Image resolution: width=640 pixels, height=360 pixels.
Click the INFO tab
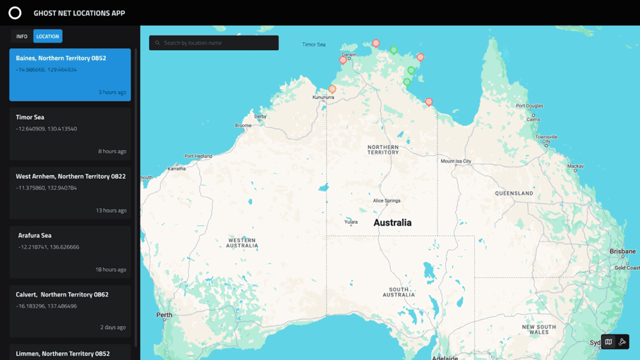[x=22, y=36]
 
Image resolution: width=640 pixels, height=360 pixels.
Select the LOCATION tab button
[x=48, y=36]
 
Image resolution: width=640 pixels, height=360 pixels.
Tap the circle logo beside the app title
[x=15, y=13]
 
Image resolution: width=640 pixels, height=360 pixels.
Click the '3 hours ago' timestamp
[x=112, y=92]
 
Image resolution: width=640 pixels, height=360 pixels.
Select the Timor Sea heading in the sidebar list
[x=30, y=117]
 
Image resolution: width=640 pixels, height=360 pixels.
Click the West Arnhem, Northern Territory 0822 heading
[x=71, y=176]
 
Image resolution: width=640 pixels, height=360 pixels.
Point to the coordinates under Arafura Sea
[x=49, y=247]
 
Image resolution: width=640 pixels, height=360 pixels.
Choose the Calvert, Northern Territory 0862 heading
[x=62, y=294]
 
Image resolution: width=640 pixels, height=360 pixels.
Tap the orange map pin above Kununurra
[x=332, y=89]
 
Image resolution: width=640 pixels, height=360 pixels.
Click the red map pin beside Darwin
[x=344, y=60]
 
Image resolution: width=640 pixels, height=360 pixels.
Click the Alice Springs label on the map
[x=387, y=200]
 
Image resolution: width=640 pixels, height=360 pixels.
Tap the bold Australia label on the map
[x=392, y=222]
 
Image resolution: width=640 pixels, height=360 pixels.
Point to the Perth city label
[x=164, y=315]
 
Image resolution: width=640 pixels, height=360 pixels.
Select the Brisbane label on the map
[x=622, y=251]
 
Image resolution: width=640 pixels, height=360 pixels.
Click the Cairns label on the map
[x=533, y=119]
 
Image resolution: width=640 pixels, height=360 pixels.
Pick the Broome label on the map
[x=243, y=126]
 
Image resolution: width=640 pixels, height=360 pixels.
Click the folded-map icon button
[x=608, y=342]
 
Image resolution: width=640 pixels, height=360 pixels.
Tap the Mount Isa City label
[x=456, y=161]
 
